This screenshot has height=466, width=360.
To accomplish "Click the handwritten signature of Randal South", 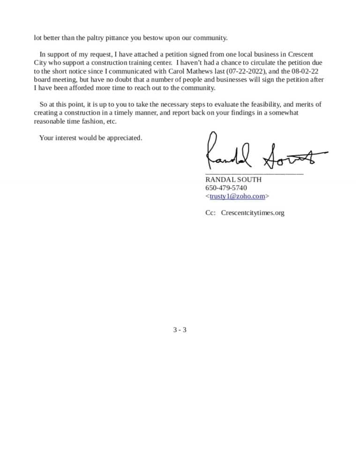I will [265, 152].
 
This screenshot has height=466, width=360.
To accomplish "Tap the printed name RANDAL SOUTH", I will [233, 180].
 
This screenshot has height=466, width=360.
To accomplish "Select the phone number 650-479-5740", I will [226, 188].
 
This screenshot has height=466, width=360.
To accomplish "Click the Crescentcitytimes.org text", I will [253, 213].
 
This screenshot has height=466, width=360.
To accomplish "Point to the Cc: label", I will [210, 213].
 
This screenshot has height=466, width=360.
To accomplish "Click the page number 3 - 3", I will [180, 330].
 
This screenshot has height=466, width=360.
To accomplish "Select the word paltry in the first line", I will [97, 38].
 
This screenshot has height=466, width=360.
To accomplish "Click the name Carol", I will [177, 71].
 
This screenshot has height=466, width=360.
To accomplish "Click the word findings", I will [256, 113].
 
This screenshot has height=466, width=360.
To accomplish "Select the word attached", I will [148, 54].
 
